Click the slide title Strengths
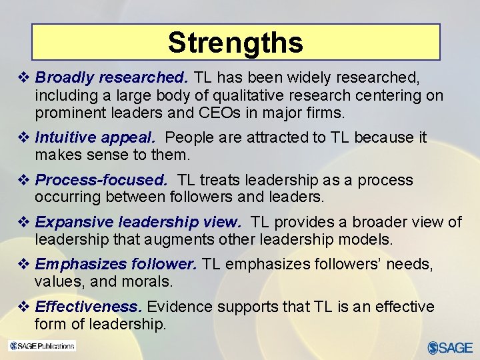tap(235, 43)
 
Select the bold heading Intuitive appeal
tap(95, 138)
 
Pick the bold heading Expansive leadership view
tap(138, 222)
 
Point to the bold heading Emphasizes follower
tap(116, 264)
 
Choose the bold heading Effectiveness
tap(88, 307)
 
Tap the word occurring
tap(67, 197)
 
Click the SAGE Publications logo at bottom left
tap(41, 346)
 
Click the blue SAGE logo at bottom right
tap(450, 347)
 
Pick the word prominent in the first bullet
tap(67, 112)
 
